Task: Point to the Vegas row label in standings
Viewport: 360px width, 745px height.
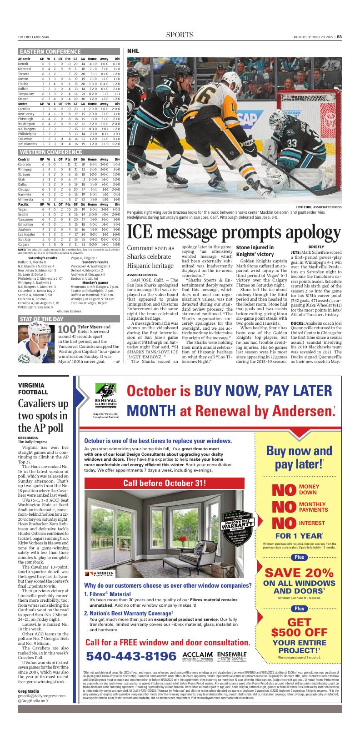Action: pyautogui.click(x=23, y=209)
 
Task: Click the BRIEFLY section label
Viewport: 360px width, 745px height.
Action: pyautogui.click(x=316, y=247)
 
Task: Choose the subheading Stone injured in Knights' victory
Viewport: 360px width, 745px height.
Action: pyautogui.click(x=254, y=251)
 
